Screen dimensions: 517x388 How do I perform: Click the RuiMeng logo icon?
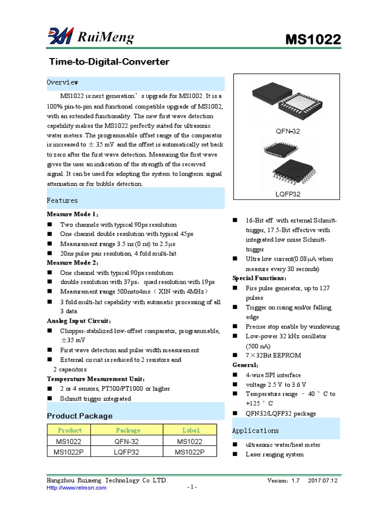pyautogui.click(x=61, y=36)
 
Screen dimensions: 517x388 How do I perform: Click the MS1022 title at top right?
pyautogui.click(x=313, y=39)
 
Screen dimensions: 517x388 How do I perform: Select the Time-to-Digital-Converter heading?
pyautogui.click(x=109, y=62)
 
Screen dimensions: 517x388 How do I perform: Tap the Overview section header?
pyautogui.click(x=63, y=82)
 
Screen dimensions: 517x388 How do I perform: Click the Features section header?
pyautogui.click(x=63, y=200)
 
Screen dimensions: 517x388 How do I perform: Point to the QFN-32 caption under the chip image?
pyautogui.click(x=288, y=131)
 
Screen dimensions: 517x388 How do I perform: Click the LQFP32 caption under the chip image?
pyautogui.click(x=288, y=194)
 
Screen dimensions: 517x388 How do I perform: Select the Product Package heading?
pyautogui.click(x=80, y=416)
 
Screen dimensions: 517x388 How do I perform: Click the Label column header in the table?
pyautogui.click(x=191, y=430)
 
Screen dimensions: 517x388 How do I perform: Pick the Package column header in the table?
pyautogui.click(x=128, y=430)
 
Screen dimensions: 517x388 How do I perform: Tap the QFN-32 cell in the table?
pyautogui.click(x=128, y=441)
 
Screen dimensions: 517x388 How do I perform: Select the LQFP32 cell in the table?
pyautogui.click(x=128, y=452)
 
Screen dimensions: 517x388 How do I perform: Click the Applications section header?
pyautogui.click(x=255, y=431)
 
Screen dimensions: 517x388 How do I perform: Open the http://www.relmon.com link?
pyautogui.click(x=77, y=488)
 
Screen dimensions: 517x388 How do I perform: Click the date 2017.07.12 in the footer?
pyautogui.click(x=322, y=481)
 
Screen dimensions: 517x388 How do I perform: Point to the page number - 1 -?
pyautogui.click(x=192, y=487)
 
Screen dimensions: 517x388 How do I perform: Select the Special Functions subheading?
pyautogui.click(x=260, y=278)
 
